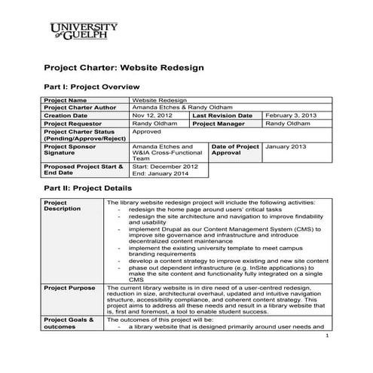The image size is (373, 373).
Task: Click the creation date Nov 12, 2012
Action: pyautogui.click(x=148, y=115)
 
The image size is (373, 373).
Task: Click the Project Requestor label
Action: pyautogui.click(x=73, y=123)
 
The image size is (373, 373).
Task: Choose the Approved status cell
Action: pyautogui.click(x=147, y=131)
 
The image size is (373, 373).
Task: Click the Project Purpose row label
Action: pyautogui.click(x=70, y=288)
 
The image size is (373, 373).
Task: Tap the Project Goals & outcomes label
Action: pyautogui.click(x=69, y=324)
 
